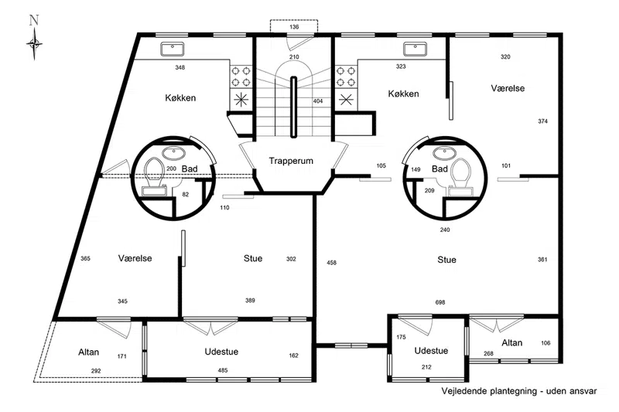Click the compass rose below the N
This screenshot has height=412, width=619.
(34, 44)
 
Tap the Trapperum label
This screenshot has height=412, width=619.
(291, 161)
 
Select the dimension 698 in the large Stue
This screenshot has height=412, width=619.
(440, 302)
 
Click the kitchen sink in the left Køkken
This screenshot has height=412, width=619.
(173, 49)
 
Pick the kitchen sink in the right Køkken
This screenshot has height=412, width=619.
(415, 49)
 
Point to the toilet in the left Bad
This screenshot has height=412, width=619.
(154, 177)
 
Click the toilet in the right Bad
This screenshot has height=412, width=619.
(460, 177)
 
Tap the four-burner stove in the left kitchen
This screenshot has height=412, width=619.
(241, 76)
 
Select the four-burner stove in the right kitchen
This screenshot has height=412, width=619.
(346, 76)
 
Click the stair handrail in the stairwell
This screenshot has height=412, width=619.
(294, 107)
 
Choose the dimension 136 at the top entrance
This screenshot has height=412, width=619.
(294, 27)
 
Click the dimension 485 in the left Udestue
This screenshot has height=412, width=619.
(223, 370)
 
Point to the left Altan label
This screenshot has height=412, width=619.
(88, 352)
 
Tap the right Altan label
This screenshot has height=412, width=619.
(512, 343)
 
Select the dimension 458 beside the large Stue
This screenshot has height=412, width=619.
(332, 263)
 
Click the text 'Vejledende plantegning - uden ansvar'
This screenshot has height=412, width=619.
(519, 391)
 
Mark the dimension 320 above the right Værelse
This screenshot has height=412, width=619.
(505, 56)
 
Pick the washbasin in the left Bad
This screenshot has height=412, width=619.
(173, 152)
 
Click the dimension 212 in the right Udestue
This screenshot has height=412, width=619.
(426, 367)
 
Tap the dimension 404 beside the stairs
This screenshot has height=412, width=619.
(318, 101)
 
